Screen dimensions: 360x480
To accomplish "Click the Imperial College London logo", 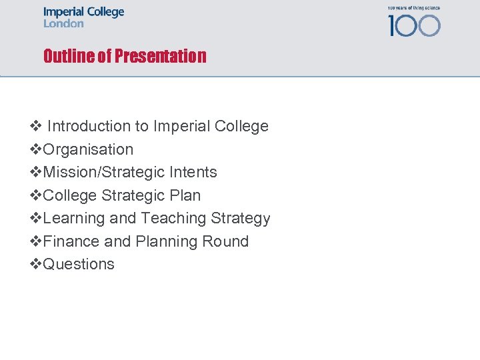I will coord(84,17).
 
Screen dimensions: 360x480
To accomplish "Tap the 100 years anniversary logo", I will coord(414,23).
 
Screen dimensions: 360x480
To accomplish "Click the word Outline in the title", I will coord(68,56).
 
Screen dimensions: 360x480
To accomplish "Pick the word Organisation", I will coord(88,149).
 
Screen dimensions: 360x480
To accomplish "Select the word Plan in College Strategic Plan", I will coord(187,195).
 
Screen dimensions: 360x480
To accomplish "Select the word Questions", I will coord(79,264).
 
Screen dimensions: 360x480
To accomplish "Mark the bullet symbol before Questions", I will coord(36,264).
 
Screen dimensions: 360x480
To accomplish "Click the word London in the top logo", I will coord(64,23).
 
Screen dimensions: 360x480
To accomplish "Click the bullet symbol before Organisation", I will coord(36,149).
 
